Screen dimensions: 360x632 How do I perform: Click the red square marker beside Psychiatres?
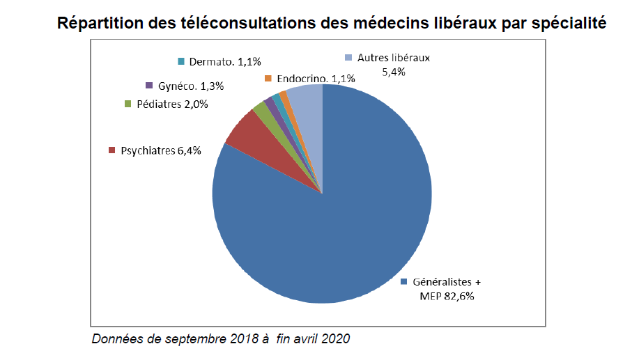(x=112, y=150)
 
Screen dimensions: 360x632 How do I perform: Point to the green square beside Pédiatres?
(x=128, y=104)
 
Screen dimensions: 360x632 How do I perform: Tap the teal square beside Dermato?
(x=181, y=61)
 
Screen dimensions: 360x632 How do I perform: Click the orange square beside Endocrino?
(x=268, y=79)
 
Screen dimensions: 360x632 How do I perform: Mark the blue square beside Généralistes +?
(x=404, y=282)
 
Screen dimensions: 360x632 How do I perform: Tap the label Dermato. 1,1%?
(x=222, y=61)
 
